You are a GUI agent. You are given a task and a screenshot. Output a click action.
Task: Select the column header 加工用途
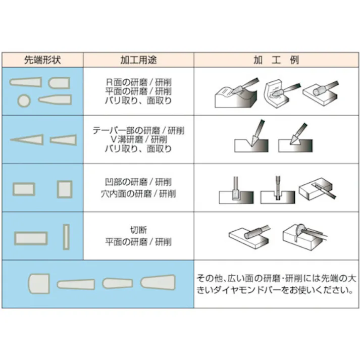[138, 60]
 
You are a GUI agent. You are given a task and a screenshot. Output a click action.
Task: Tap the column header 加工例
[276, 60]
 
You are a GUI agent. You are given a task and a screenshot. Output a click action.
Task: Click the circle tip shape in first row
[24, 100]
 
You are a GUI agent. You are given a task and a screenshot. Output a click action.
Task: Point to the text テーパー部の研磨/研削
[138, 130]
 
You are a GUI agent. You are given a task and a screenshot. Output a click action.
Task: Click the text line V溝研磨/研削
[138, 139]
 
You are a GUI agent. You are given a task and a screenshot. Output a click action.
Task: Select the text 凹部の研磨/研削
[138, 182]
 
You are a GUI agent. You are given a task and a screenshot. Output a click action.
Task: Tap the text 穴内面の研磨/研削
[138, 193]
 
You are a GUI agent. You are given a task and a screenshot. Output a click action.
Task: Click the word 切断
[138, 231]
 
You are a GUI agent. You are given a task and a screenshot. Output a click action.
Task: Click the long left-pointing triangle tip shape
[27, 139]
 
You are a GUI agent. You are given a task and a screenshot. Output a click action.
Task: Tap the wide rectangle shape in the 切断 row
[31, 237]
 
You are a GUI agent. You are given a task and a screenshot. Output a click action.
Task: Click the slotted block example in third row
[317, 189]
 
